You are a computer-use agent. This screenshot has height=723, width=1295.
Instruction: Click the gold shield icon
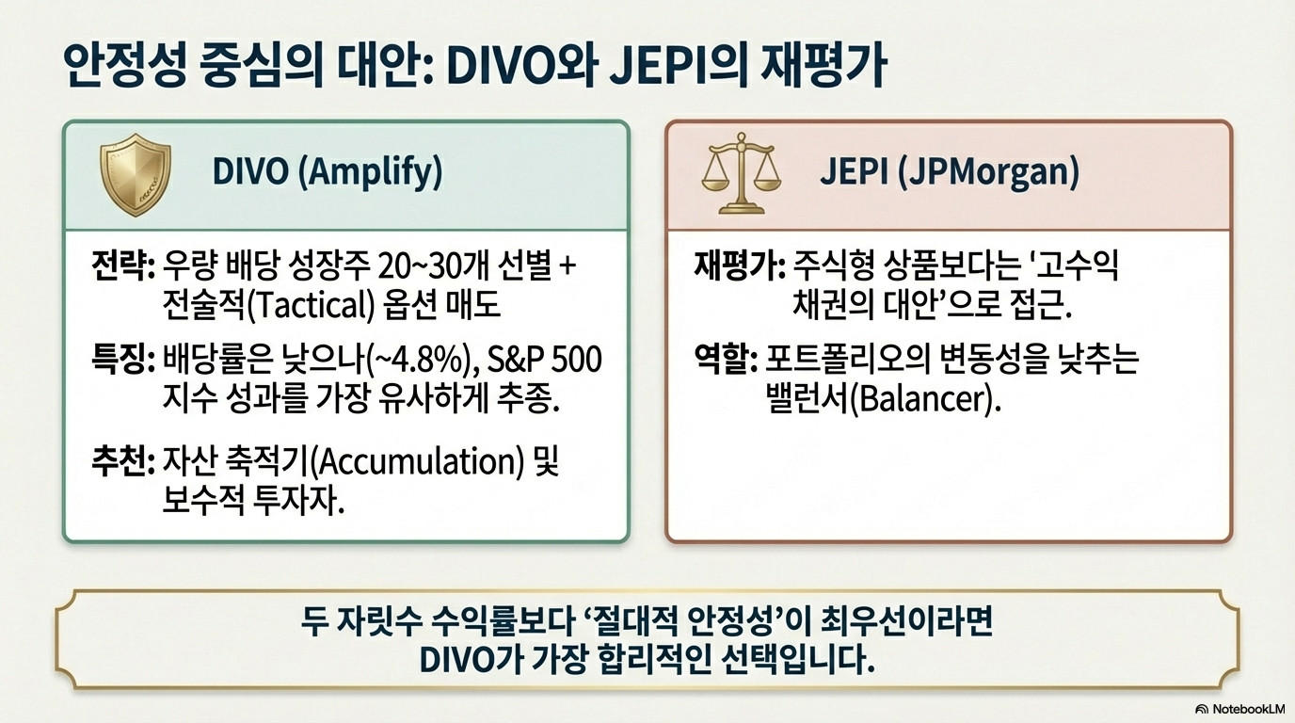136,175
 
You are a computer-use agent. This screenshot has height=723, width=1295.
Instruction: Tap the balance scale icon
742,175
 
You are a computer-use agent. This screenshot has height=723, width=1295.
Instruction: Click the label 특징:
123,360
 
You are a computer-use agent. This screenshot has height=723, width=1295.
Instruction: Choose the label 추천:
123,463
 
